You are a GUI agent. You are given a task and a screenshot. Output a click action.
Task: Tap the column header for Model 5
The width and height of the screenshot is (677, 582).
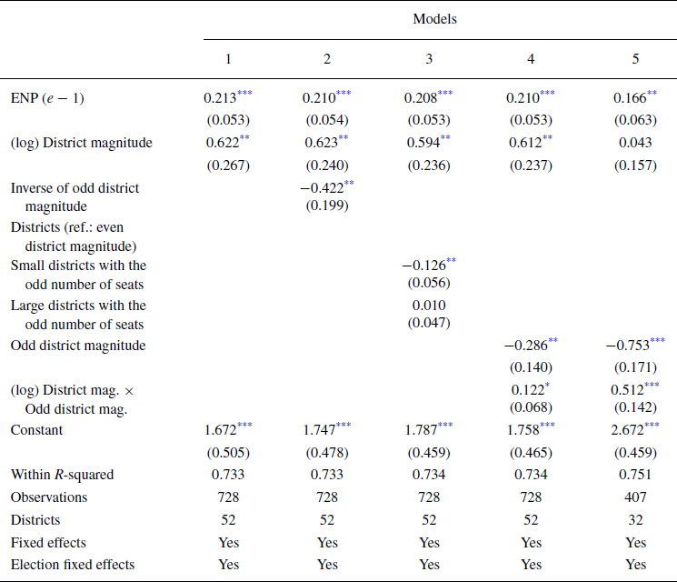pyautogui.click(x=635, y=58)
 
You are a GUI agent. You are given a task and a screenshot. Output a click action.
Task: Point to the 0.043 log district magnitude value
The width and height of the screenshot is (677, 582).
pyautogui.click(x=635, y=142)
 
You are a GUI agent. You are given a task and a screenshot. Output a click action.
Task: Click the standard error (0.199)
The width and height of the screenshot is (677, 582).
pyautogui.click(x=326, y=206)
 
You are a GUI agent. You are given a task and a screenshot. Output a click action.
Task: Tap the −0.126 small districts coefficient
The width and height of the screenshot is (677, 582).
pyautogui.click(x=422, y=266)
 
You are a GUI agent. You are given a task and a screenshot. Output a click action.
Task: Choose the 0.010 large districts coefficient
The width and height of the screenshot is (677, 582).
pyautogui.click(x=428, y=306)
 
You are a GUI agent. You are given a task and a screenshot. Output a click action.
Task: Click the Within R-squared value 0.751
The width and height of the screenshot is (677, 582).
pyautogui.click(x=635, y=474)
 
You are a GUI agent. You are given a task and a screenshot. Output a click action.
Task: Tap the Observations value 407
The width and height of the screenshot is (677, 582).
pyautogui.click(x=635, y=497)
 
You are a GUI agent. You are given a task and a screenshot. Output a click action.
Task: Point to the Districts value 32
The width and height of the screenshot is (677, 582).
pyautogui.click(x=635, y=520)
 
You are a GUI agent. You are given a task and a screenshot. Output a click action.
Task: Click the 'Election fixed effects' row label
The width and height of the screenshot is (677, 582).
pyautogui.click(x=73, y=565)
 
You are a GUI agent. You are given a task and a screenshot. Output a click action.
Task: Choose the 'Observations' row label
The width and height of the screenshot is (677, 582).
pyautogui.click(x=49, y=497)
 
